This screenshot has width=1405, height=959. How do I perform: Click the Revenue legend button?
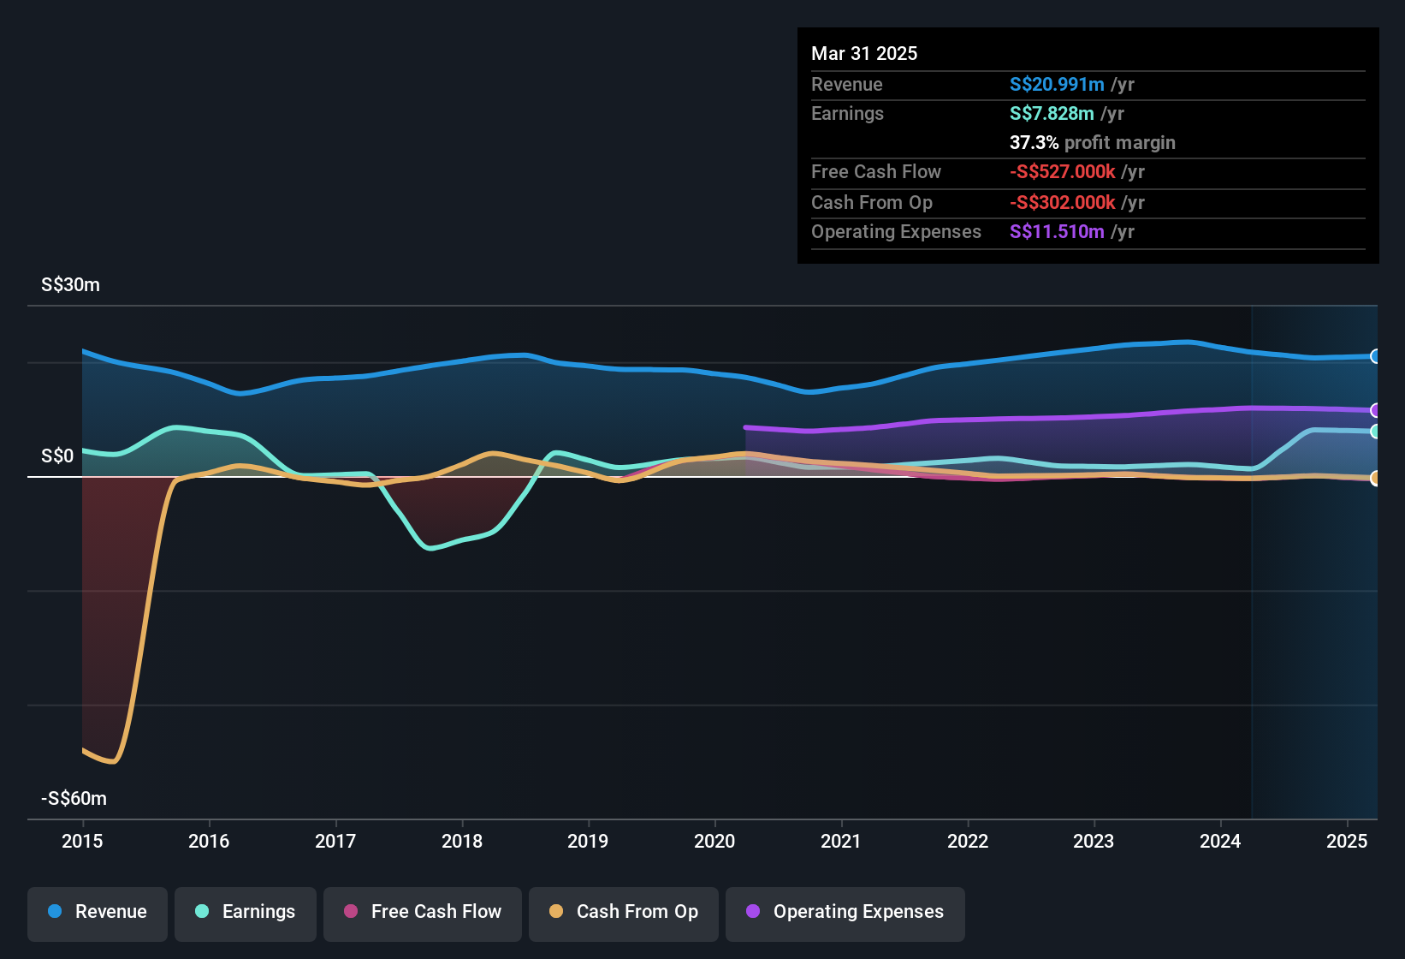coord(98,912)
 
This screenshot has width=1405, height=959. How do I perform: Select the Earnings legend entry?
coord(246,912)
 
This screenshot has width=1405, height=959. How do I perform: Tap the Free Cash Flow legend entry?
coord(423,912)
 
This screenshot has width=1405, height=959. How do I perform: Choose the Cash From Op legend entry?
coord(624,912)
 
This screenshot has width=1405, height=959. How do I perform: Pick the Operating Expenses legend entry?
coord(845,912)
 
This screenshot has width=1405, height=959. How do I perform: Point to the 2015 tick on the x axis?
coord(82,841)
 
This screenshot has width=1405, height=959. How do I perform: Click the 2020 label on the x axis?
coord(714,841)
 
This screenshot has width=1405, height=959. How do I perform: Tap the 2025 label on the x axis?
coord(1347,841)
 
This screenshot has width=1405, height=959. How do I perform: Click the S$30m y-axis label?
coord(70,285)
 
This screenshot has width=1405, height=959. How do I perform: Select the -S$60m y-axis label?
coord(74,799)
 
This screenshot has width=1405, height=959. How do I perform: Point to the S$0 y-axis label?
coord(57,456)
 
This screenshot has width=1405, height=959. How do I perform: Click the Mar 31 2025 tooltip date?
coord(864,53)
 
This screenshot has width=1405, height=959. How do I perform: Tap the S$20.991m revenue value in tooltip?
coord(1057,84)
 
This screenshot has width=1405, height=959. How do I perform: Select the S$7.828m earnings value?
coord(1052,113)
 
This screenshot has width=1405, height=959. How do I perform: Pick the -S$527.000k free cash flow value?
coord(1062,171)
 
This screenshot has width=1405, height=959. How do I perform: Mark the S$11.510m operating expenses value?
coord(1057,231)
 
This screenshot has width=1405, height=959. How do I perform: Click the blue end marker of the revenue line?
coord(1375,356)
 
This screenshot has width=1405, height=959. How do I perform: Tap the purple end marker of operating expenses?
coord(1375,410)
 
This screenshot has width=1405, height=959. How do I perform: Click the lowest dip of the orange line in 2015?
coord(112,761)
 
